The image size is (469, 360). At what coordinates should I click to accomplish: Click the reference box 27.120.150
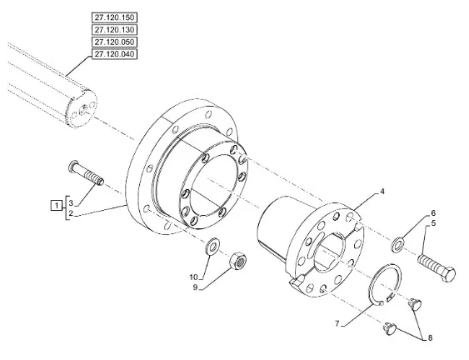coord(115,17)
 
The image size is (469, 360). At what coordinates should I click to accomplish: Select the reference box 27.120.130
coord(115,30)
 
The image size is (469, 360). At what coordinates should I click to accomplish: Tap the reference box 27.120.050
coord(115,42)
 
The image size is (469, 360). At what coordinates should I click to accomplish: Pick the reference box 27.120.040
coord(115,54)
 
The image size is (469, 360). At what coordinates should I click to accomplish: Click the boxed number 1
coord(56,206)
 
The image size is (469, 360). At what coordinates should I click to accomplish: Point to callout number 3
coord(71,203)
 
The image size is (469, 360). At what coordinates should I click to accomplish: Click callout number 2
coord(71,213)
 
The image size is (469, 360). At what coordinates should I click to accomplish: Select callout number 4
coord(382,192)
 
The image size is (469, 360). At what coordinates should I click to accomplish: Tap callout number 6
coord(433,213)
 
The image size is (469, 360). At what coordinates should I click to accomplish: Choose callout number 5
coord(433,223)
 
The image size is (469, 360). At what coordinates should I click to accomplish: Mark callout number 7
coord(337,324)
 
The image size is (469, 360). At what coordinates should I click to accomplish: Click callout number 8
coord(430,338)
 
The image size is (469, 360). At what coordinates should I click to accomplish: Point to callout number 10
coord(194,277)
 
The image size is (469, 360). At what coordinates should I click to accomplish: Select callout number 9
coord(195,287)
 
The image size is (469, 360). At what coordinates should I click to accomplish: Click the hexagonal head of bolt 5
coord(448,274)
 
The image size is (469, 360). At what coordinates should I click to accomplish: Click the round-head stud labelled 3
coord(86,173)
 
